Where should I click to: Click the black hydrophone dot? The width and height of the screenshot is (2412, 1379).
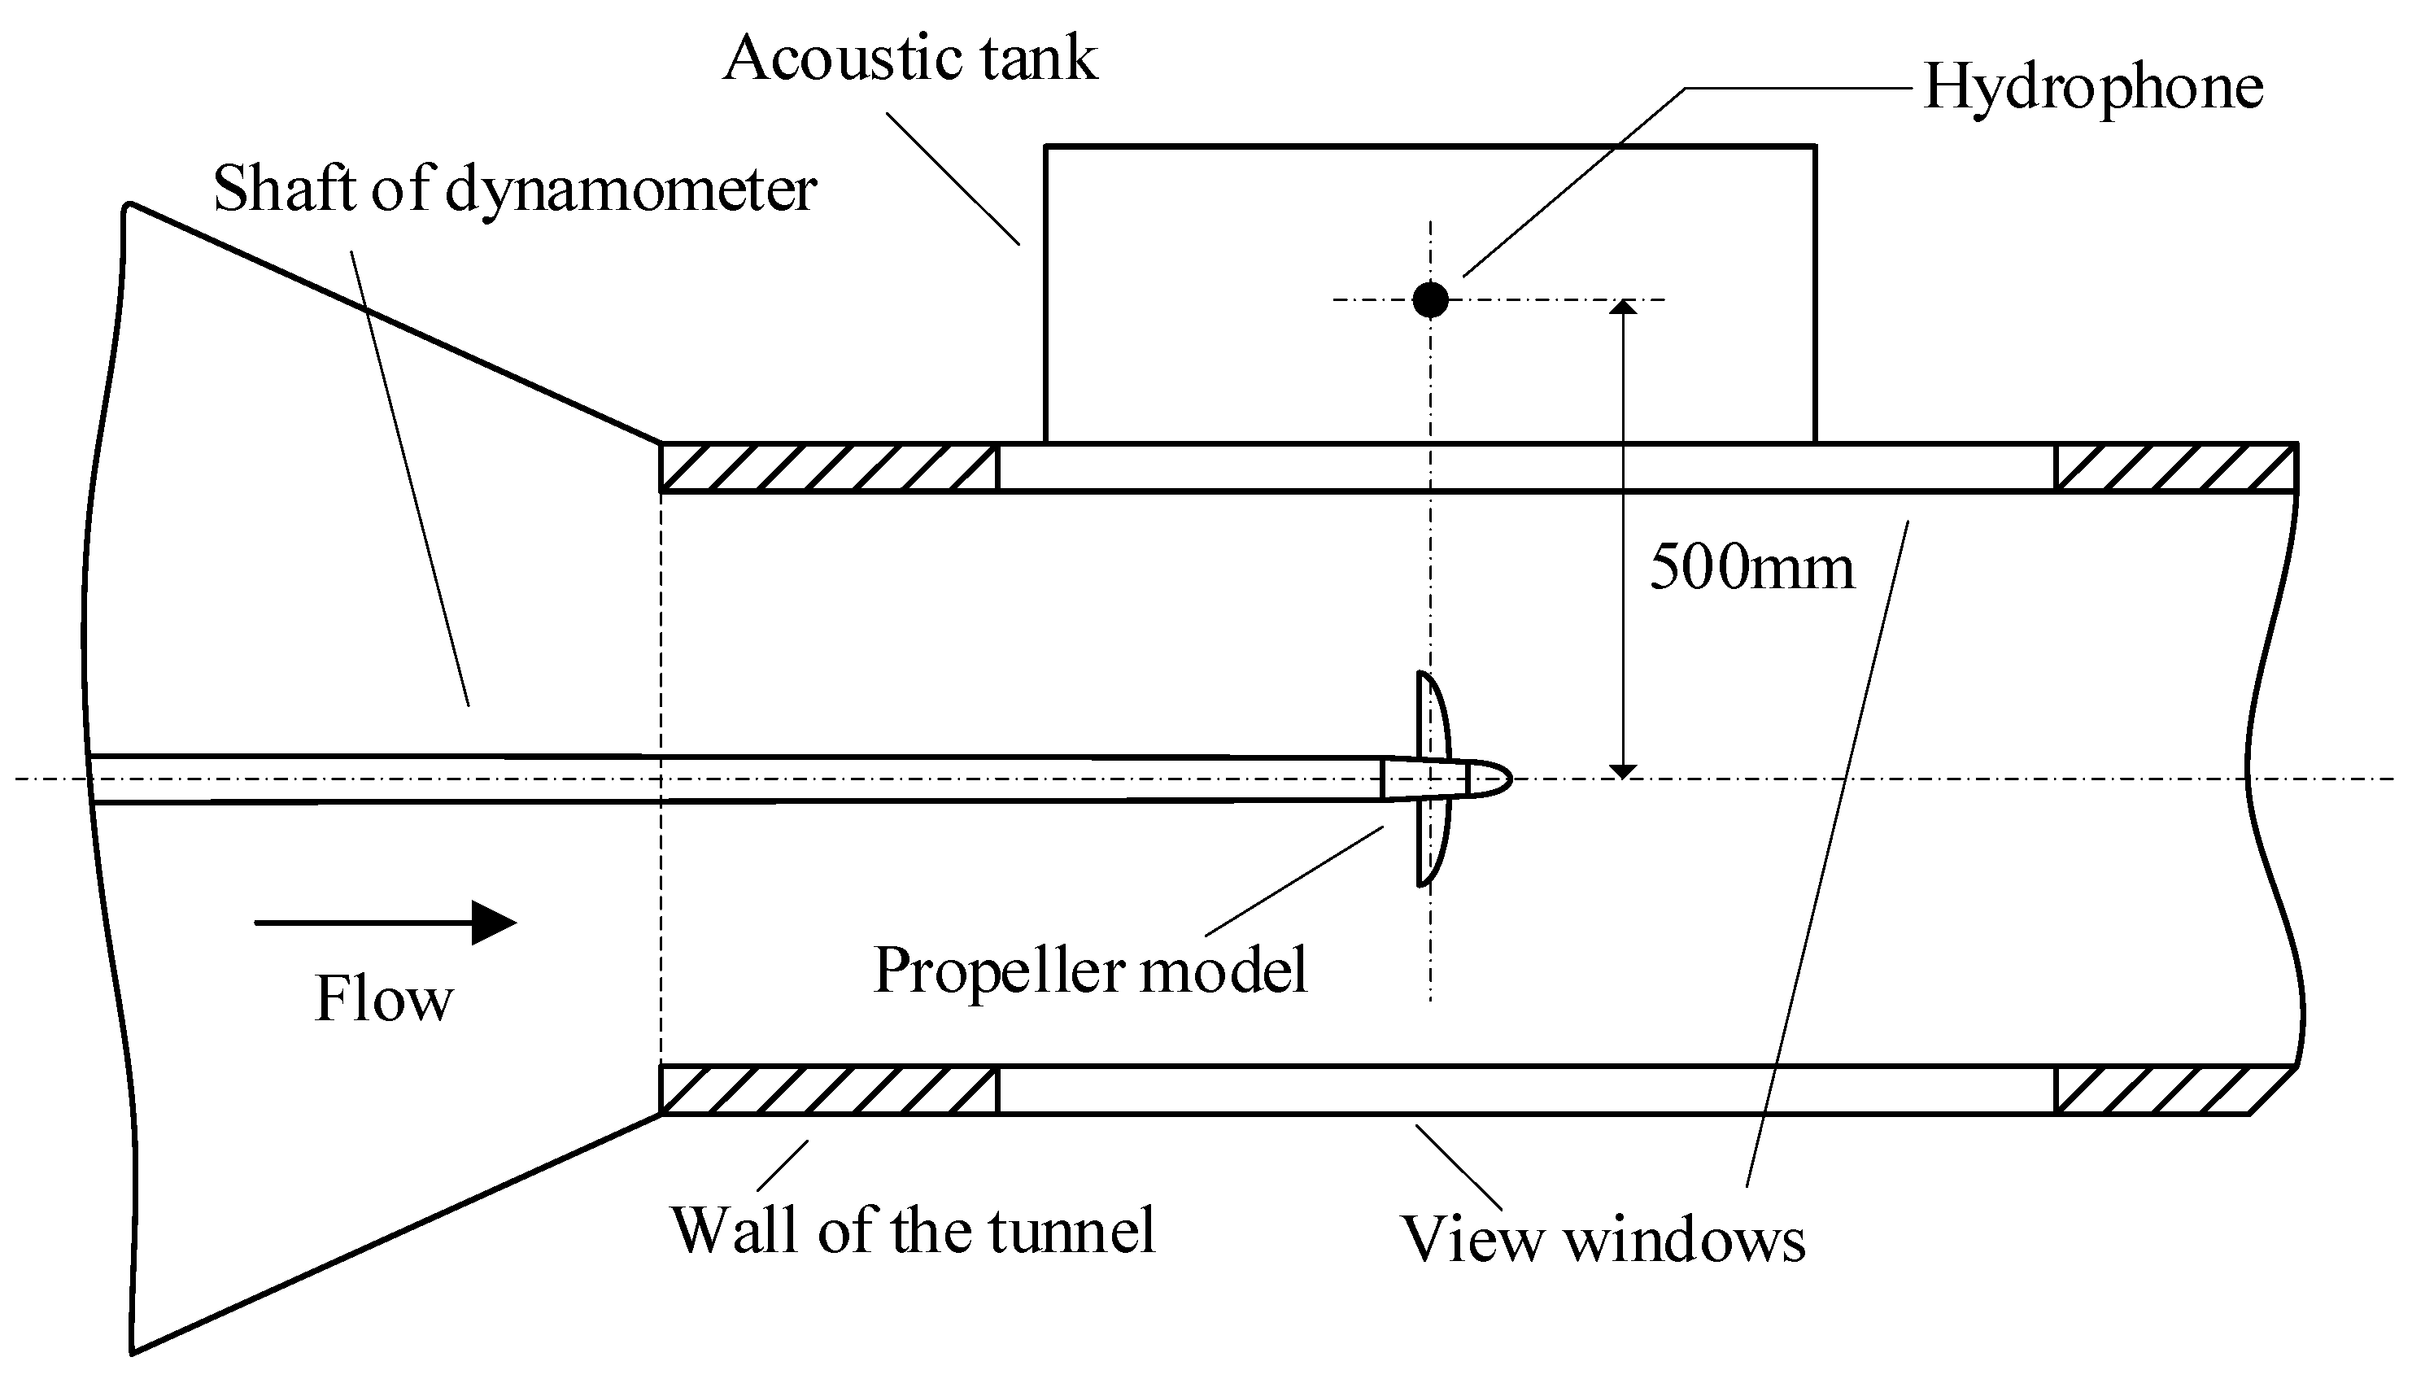tap(1430, 300)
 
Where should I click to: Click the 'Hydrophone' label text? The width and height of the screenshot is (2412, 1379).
tap(2093, 87)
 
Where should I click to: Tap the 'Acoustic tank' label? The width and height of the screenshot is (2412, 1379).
tap(910, 59)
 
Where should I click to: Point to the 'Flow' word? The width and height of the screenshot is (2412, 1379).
tap(383, 1000)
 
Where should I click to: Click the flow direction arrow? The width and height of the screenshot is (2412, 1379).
tap(386, 923)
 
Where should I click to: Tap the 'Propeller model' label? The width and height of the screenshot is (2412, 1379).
tap(1090, 971)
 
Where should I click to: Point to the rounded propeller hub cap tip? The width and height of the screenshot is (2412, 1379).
tap(1496, 779)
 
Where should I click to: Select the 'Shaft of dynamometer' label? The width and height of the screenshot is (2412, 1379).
tap(514, 190)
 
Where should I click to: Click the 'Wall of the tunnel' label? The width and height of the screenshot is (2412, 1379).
tap(913, 1230)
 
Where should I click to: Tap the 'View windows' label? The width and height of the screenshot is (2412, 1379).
tap(1603, 1239)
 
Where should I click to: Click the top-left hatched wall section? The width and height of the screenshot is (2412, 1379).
tap(829, 468)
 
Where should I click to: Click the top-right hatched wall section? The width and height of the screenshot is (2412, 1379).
tap(2175, 468)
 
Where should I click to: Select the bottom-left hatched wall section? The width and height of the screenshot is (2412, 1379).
tap(829, 1090)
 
